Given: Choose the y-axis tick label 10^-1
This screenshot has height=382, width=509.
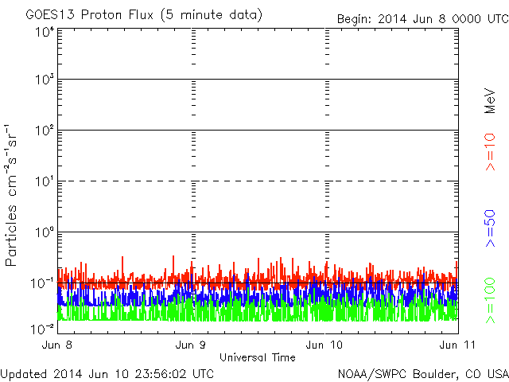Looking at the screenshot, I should (x=43, y=283).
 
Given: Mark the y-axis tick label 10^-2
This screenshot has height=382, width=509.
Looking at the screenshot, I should (x=43, y=328).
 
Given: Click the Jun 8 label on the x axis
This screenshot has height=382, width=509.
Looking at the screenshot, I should (x=60, y=345).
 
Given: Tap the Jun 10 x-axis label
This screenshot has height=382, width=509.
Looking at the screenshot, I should (x=325, y=345).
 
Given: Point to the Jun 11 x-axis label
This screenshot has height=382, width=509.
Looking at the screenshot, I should (x=457, y=345).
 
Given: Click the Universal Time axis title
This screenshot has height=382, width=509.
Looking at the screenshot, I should (x=258, y=357).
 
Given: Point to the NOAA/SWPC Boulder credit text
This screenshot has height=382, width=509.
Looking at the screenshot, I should (x=422, y=373).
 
